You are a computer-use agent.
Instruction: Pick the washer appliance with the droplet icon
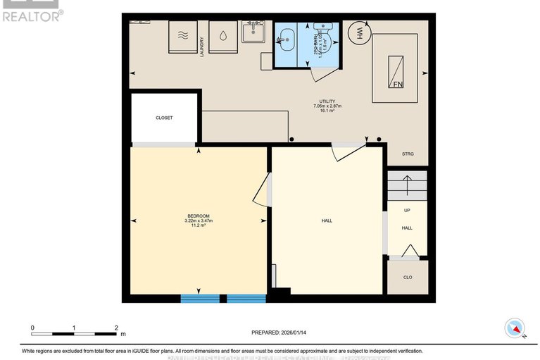click(x=222, y=35)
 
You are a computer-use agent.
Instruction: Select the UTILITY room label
click(x=327, y=101)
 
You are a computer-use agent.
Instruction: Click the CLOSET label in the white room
click(x=164, y=118)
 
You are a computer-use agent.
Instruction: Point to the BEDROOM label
click(x=198, y=216)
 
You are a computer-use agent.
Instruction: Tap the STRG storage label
click(x=407, y=154)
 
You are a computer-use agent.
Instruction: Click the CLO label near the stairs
click(x=407, y=277)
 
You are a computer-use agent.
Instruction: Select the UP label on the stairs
click(x=407, y=211)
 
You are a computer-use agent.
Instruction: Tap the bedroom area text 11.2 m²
click(x=198, y=225)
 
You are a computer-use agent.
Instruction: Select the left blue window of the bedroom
click(x=201, y=299)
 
